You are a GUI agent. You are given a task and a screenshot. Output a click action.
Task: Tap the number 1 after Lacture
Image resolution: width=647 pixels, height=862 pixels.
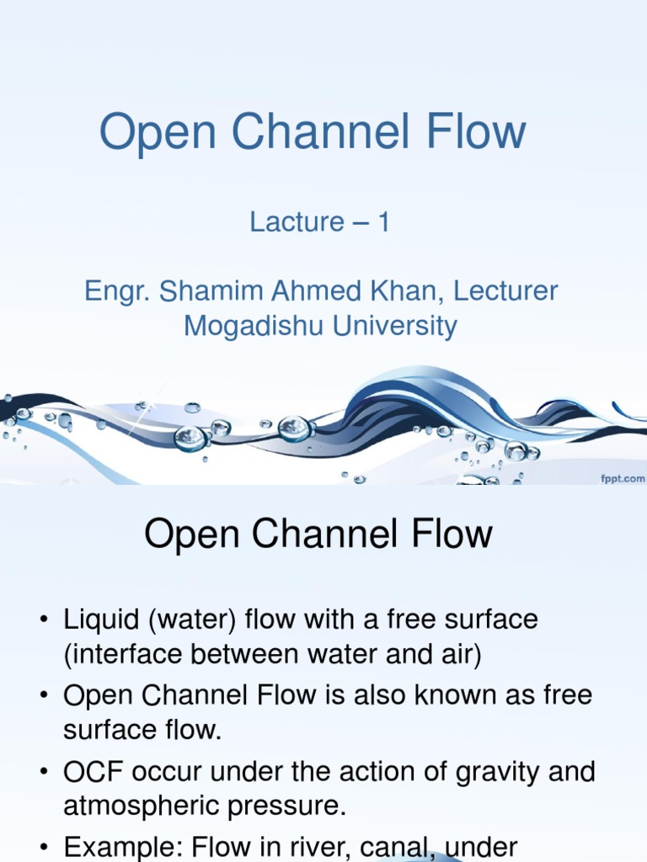[382, 222]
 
